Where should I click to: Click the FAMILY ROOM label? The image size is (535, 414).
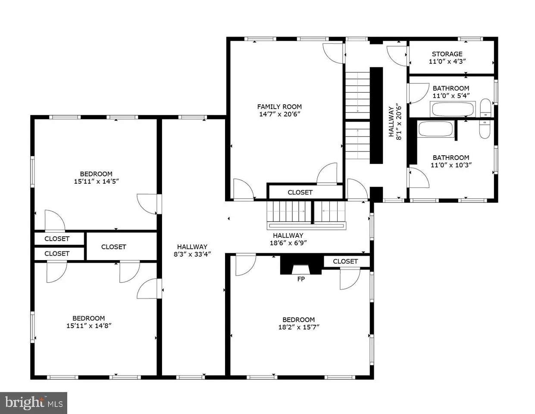coord(279,107)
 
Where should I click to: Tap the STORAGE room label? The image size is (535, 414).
coord(447,54)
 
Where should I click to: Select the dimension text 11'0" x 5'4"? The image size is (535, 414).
coord(451,96)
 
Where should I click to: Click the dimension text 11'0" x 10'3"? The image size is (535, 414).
coord(451,165)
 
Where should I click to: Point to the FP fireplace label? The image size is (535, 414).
coord(301,279)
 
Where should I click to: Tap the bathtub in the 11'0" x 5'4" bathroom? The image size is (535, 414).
coord(453,109)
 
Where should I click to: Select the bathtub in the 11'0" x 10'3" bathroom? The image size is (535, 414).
coord(435,129)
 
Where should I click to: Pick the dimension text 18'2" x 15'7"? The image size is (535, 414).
coord(299,327)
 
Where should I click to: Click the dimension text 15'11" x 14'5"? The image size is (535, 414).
coord(96,181)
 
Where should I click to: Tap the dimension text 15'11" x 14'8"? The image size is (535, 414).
coord(89,326)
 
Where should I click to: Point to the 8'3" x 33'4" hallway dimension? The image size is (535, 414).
coord(192,254)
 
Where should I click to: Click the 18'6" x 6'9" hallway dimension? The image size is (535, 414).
coord(288,243)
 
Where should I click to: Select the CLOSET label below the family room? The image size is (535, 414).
coord(300,192)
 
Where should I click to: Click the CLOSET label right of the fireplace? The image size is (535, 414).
coord(345,261)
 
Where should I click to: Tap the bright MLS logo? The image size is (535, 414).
coord(34,403)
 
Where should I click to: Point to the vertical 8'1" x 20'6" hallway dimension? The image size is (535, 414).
coord(395,123)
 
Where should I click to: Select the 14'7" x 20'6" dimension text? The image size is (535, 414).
coord(280,114)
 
